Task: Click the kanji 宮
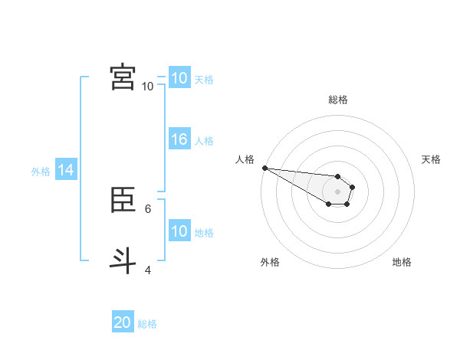tap(123, 77)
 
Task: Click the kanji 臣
tap(123, 200)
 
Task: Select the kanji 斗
tap(123, 260)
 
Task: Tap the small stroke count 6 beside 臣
tap(148, 208)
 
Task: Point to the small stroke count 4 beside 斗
tap(148, 270)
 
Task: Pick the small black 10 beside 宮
tap(147, 87)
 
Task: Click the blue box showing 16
tap(179, 139)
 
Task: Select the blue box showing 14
tap(66, 170)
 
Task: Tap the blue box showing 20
tap(123, 322)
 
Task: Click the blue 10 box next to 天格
tap(179, 77)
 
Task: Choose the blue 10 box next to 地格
tap(179, 231)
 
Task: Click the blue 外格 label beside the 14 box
tap(41, 172)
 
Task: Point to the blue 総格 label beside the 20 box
tap(147, 324)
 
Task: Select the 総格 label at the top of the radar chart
tap(338, 100)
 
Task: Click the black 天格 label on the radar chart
tap(431, 159)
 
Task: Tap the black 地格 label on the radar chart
tap(402, 262)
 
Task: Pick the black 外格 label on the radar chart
tap(270, 262)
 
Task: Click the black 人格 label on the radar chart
tap(245, 159)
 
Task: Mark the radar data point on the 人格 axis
tap(264, 168)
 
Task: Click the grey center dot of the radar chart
tap(338, 191)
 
